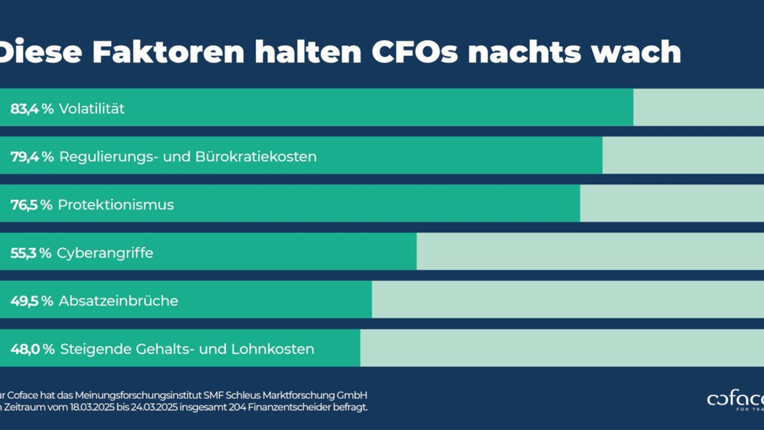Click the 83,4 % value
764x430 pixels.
pos(32,109)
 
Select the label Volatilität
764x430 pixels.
pos(92,109)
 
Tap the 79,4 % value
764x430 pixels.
pos(32,157)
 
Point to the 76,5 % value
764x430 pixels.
pos(31,205)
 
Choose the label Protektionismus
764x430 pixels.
pos(115,205)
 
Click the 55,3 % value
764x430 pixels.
pos(31,254)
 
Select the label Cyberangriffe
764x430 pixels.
pos(105,254)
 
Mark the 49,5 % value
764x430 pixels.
pos(32,301)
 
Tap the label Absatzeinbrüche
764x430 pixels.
pos(118,301)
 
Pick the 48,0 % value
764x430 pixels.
pos(32,349)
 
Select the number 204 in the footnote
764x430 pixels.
pos(234,406)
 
